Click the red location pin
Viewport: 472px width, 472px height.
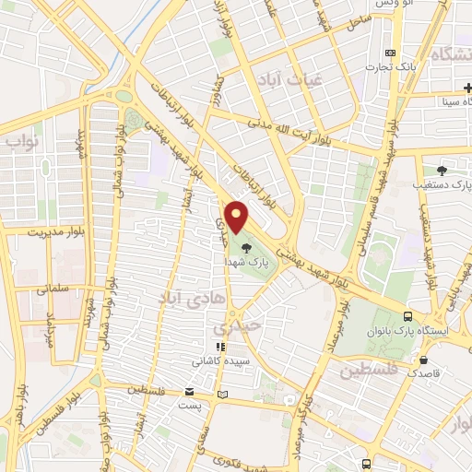238,217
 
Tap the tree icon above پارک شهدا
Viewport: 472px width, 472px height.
246,248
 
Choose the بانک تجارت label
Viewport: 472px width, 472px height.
385,66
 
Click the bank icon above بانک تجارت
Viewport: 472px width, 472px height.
391,53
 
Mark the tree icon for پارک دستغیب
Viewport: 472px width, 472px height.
442,170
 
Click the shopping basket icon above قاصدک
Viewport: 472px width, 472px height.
423,360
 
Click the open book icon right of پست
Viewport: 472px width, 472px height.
220,395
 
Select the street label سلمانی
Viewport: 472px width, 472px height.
53,289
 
